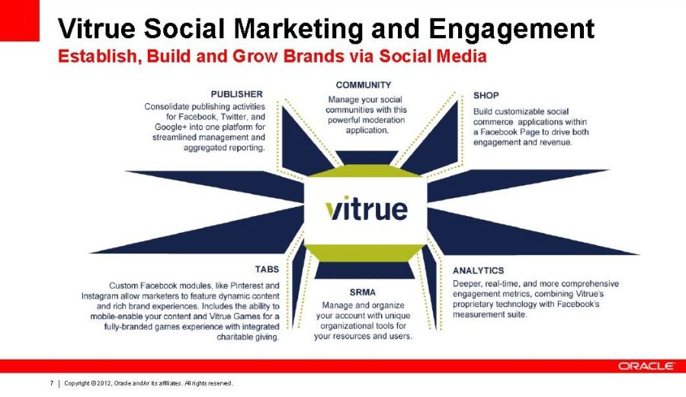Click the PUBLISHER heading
click(x=237, y=94)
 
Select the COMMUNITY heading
click(x=364, y=85)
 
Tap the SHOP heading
click(x=486, y=95)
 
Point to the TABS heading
click(x=267, y=269)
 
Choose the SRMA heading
click(x=363, y=292)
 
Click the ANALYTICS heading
click(x=478, y=271)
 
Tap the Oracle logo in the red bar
click(x=646, y=366)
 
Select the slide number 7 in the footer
click(x=52, y=383)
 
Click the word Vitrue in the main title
click(x=97, y=28)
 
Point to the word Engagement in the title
click(x=511, y=30)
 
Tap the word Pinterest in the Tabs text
click(x=246, y=286)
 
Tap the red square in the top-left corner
click(x=20, y=21)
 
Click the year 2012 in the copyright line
click(x=103, y=383)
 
